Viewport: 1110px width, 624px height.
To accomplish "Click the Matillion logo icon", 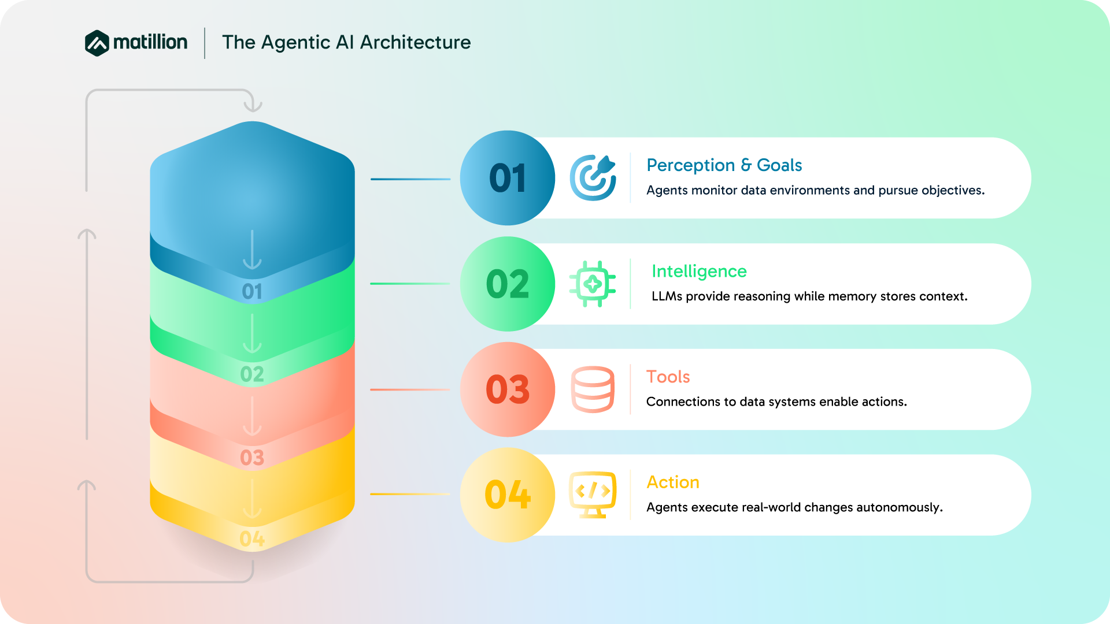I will point(97,43).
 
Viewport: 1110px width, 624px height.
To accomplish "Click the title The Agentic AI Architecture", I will point(346,42).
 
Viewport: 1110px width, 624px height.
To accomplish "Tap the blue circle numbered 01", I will point(508,178).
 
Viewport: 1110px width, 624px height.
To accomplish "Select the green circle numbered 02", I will point(508,284).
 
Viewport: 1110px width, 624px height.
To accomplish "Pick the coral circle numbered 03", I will point(508,389).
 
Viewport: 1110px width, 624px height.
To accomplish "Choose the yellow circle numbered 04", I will point(508,495).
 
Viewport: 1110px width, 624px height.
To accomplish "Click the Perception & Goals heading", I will point(724,165).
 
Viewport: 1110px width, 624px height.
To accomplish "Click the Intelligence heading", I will point(699,271).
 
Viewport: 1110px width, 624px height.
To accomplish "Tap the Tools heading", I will point(668,377).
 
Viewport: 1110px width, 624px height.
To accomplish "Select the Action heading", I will point(672,482).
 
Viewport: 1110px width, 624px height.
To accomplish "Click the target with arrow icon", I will point(593,178).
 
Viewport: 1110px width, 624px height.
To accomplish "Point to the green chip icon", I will point(593,284).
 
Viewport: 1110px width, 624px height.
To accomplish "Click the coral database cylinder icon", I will point(593,389).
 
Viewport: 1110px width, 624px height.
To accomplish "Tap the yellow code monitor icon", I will point(593,495).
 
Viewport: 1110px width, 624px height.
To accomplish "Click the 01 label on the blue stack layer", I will point(252,292).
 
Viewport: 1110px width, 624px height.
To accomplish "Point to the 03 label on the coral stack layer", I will point(252,458).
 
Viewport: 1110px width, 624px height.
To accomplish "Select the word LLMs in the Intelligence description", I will point(667,296).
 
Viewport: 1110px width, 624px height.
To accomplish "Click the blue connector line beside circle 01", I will point(410,179).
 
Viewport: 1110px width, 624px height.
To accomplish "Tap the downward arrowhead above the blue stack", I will point(253,106).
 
